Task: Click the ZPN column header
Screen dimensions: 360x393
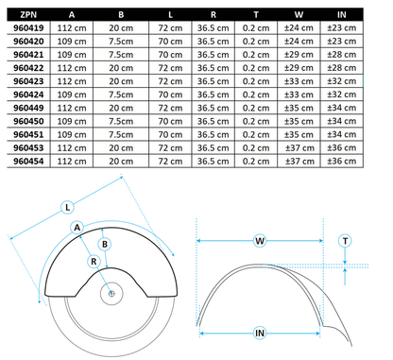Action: tap(26, 16)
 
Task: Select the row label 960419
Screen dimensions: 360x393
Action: tap(26, 29)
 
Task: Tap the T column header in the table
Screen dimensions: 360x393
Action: tap(248, 16)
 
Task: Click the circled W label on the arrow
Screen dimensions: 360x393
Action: tap(259, 240)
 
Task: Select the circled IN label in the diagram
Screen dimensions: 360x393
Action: tap(258, 332)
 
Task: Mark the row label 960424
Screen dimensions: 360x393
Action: tap(26, 95)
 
